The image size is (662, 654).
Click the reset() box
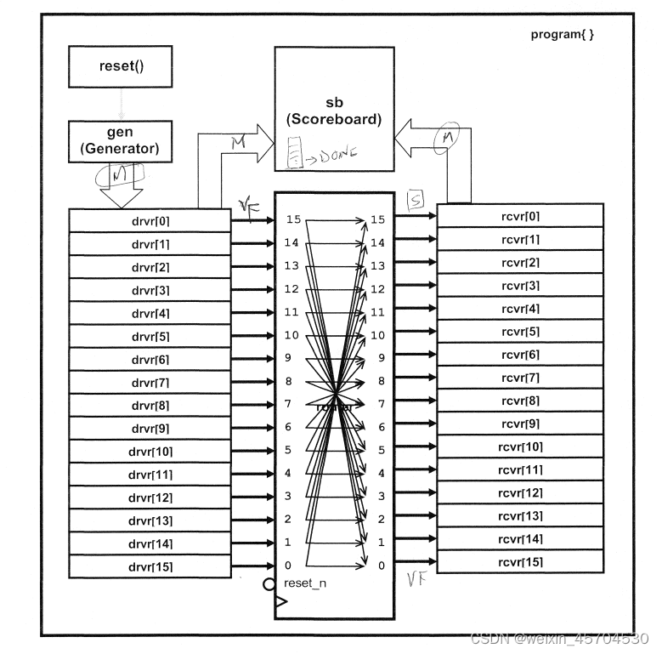[x=120, y=66]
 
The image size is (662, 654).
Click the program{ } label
[x=562, y=35]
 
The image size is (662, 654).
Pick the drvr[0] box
[x=150, y=221]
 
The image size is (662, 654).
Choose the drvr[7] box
[x=150, y=382]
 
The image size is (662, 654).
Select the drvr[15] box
[x=150, y=565]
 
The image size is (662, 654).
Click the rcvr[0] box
[x=520, y=217]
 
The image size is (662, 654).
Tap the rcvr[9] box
[x=520, y=424]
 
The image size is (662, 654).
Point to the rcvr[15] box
[x=520, y=561]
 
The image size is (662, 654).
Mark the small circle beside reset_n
[x=269, y=584]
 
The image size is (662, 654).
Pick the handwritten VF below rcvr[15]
[x=416, y=581]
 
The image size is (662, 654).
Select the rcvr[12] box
[x=520, y=492]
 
